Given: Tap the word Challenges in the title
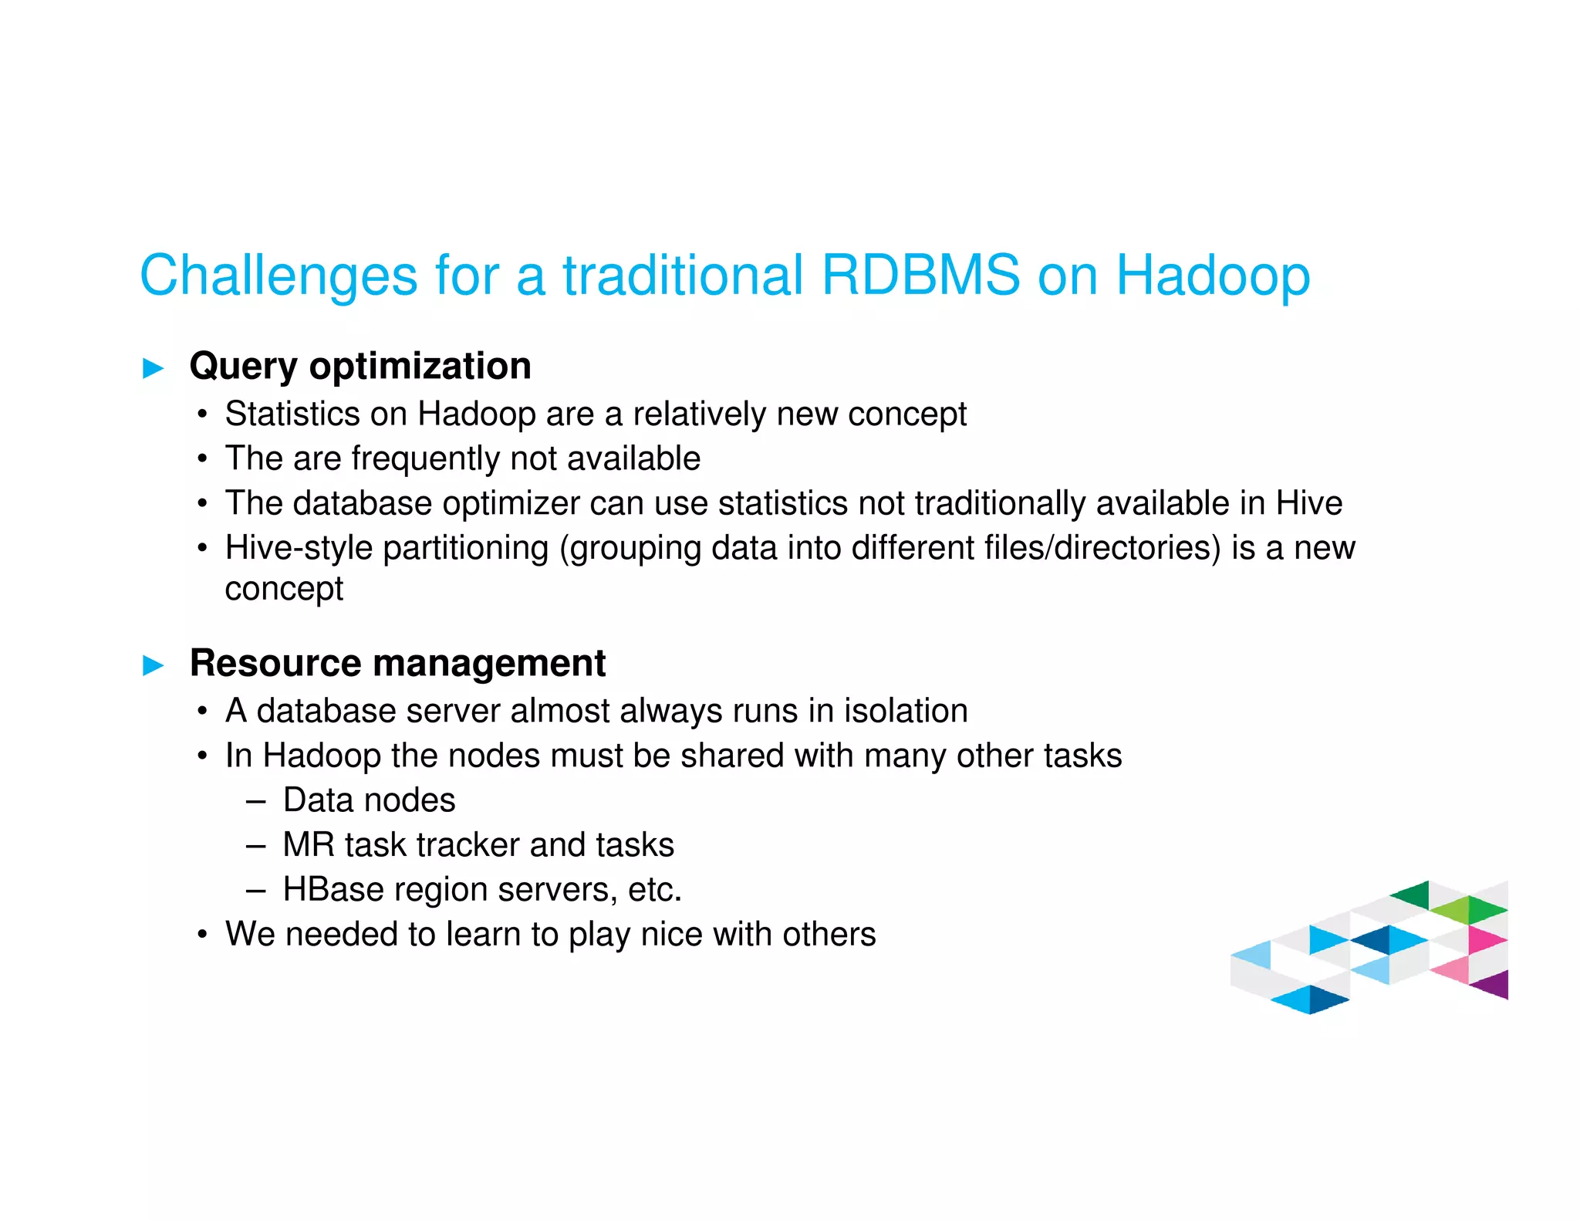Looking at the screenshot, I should coord(279,276).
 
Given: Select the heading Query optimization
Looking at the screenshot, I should coord(360,366).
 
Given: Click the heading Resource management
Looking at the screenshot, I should coord(397,663).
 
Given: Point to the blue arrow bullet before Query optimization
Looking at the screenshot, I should coord(154,368).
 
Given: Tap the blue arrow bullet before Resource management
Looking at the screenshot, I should coord(154,665).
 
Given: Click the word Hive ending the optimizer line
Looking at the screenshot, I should coord(1308,503).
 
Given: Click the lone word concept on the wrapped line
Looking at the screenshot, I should coord(284,589).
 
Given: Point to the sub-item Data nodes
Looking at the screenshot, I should coord(369,800).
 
